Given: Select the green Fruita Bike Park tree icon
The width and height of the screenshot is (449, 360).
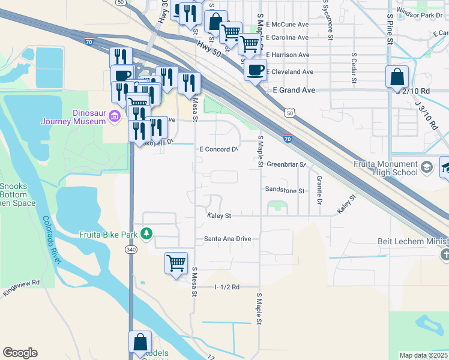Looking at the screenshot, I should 146,233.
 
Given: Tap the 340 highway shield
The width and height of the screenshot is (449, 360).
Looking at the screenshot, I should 131,249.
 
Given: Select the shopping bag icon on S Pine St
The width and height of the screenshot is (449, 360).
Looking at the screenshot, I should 397,77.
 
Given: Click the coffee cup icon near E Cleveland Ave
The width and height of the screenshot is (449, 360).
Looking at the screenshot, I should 255,70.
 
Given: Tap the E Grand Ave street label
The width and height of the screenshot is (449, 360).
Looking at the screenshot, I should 294,90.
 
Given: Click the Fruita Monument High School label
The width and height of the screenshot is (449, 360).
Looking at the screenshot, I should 386,168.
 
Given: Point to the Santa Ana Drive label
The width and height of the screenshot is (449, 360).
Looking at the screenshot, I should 227,239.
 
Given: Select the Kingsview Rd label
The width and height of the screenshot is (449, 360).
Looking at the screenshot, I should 20,282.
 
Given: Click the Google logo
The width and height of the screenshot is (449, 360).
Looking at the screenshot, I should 20,353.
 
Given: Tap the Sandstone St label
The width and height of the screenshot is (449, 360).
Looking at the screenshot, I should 285,190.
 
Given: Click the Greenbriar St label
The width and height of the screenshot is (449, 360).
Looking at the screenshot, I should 286,164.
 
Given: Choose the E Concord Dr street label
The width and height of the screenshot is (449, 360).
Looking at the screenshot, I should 218,149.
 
